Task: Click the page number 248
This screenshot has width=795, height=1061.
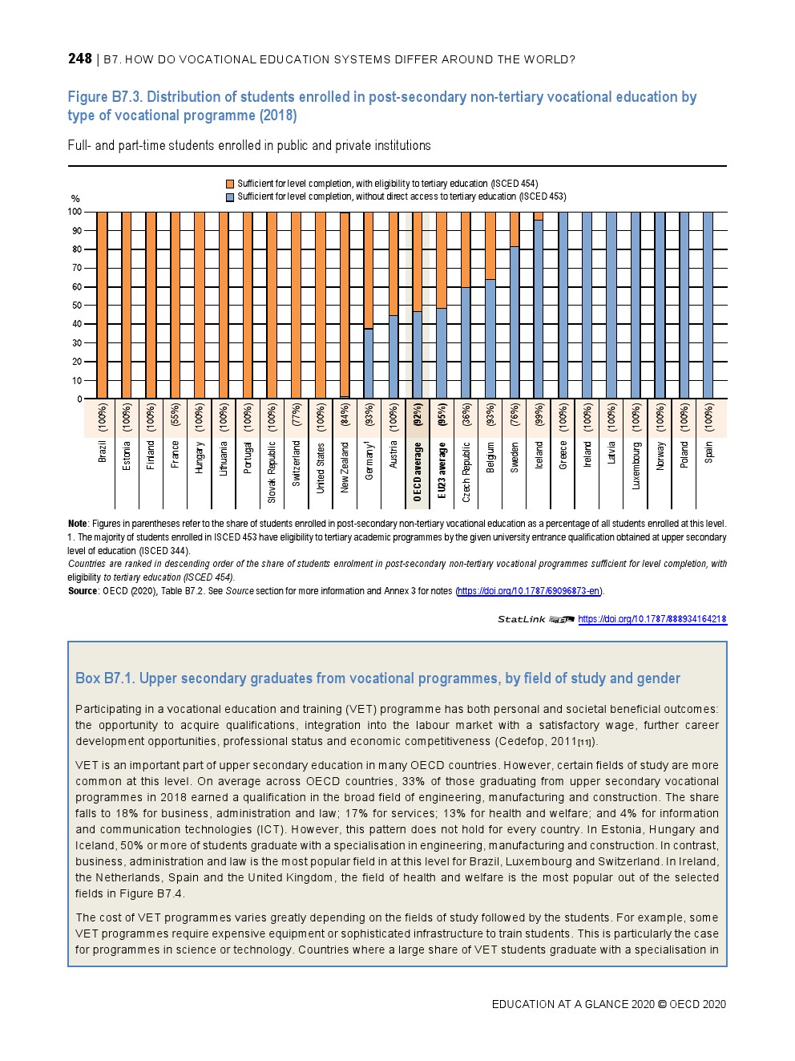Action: point(80,59)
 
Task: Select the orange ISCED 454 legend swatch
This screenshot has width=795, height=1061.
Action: point(230,184)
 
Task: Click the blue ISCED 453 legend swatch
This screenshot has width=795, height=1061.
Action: point(230,196)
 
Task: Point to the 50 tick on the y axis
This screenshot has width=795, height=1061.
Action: point(77,306)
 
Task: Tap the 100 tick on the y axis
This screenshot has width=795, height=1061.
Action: point(75,212)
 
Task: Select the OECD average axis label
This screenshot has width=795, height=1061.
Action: point(418,472)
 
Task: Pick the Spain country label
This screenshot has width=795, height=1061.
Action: point(708,452)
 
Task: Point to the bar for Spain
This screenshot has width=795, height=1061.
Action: point(708,305)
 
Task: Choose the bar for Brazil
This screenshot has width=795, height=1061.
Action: point(103,305)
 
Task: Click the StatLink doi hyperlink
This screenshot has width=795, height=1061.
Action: point(652,619)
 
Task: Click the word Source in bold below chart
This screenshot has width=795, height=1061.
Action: point(83,591)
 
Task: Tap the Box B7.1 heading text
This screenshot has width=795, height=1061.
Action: point(377,678)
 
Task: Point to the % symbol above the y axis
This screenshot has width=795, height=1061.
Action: point(75,199)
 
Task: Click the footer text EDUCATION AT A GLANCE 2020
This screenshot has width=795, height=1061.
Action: point(572,1004)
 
